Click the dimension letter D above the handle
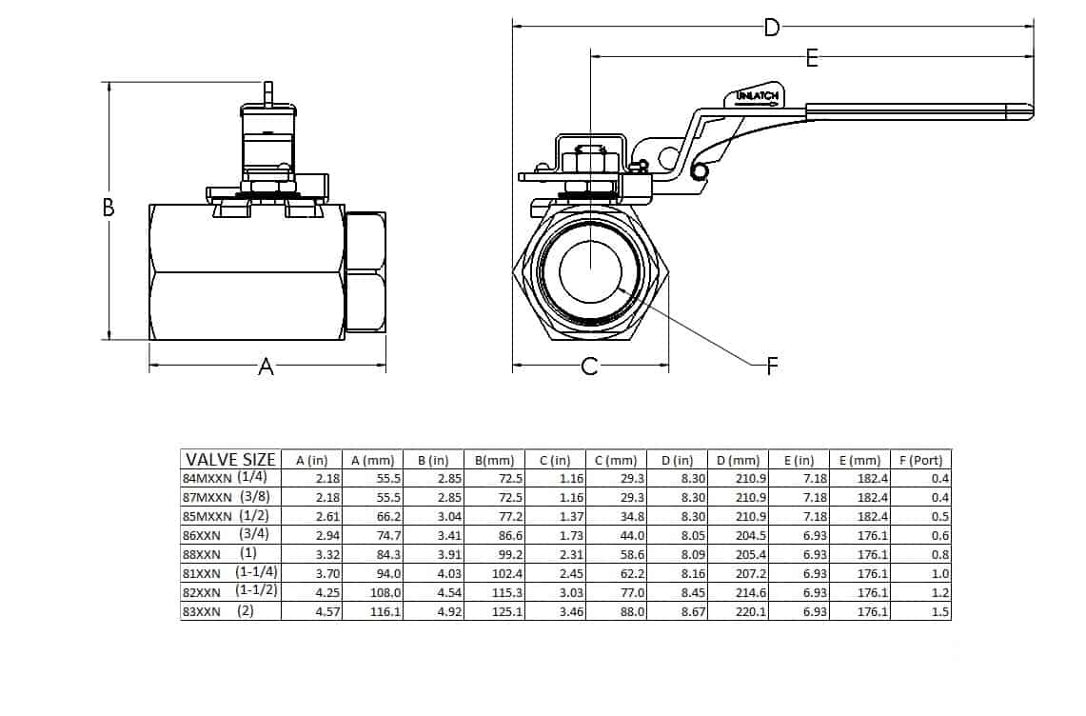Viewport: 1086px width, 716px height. (772, 27)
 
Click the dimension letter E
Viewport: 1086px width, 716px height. (812, 58)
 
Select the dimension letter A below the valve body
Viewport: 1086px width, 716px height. (267, 367)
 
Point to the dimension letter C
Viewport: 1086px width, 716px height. (589, 367)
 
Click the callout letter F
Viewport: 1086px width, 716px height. (772, 366)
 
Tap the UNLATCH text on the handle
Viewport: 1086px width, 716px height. (759, 96)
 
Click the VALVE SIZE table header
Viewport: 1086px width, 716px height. (230, 459)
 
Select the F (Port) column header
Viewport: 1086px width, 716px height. (920, 460)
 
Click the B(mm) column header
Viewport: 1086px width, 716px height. (495, 460)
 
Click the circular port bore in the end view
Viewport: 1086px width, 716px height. (589, 271)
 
